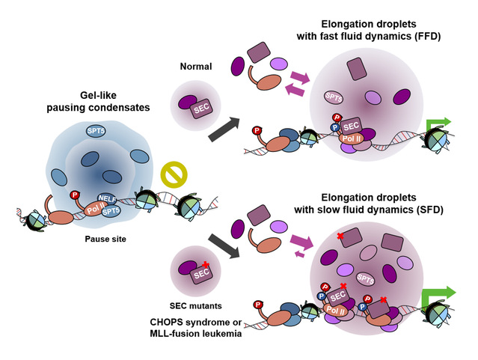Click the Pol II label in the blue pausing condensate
pos(90,207)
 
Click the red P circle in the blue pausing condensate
pos(74,195)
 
